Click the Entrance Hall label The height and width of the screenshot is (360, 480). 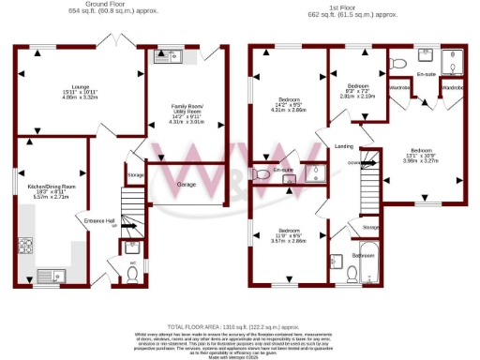(98, 220)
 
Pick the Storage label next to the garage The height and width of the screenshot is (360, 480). (136, 174)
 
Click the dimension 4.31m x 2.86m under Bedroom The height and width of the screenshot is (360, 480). (289, 111)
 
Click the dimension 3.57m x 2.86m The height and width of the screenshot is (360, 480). (288, 241)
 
